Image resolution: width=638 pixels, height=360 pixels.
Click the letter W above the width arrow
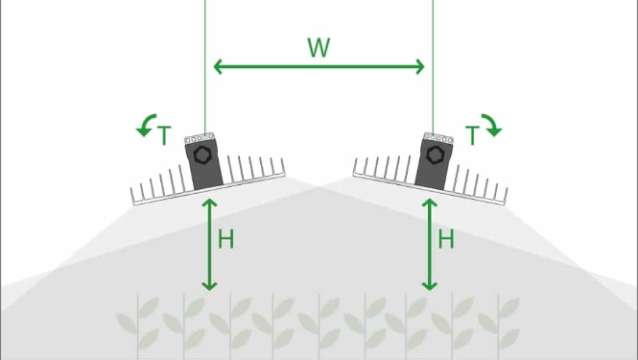[x=319, y=48]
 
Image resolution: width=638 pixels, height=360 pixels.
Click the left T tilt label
[x=164, y=136]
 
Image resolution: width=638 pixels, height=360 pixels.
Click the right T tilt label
[x=472, y=136]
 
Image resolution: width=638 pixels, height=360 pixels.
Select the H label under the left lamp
[x=226, y=240]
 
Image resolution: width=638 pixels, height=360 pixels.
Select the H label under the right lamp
[x=446, y=240]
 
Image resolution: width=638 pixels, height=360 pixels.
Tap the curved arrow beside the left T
[x=147, y=124]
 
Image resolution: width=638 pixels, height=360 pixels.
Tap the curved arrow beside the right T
[x=490, y=124]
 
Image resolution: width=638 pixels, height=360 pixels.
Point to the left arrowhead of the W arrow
[x=218, y=66]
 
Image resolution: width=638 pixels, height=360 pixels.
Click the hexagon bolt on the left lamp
[x=202, y=155]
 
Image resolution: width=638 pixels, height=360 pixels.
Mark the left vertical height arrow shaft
[x=209, y=244]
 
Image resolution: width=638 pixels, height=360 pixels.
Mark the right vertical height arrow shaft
[x=430, y=244]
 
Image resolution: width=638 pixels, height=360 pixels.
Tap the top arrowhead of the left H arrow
[x=209, y=203]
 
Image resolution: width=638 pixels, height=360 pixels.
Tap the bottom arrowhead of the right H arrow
[x=430, y=285]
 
